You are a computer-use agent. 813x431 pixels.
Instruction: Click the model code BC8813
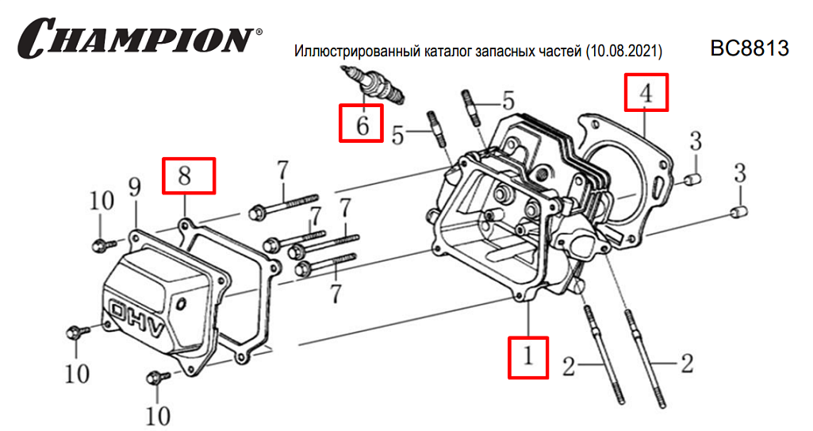point(750,49)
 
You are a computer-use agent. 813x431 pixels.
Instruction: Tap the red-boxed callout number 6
point(362,124)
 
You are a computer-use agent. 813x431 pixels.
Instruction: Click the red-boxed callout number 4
point(646,92)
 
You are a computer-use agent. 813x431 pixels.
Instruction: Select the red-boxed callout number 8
point(188,176)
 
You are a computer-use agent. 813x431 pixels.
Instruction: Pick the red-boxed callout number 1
point(527,357)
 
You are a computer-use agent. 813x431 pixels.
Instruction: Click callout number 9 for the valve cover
point(134,188)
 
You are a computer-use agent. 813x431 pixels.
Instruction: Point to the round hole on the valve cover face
point(182,303)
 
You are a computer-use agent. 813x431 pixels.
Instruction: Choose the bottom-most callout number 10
point(158,414)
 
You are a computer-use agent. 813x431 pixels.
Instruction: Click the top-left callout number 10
point(102,201)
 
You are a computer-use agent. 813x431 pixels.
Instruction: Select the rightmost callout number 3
point(740,171)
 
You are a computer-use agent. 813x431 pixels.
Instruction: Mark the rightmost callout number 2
point(687,364)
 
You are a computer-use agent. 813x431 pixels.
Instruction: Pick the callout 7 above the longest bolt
point(282,171)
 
